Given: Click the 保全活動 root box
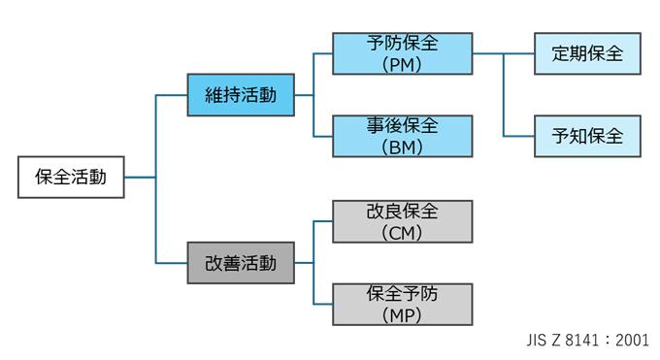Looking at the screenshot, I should (71, 178).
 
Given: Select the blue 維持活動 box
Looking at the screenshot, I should (241, 95).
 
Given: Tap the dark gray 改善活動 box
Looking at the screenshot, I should (241, 262).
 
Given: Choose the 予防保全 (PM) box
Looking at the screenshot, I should (402, 53).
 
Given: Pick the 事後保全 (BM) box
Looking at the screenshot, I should (402, 136).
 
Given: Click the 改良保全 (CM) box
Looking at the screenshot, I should (402, 221).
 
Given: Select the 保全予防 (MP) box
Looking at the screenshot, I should (402, 304).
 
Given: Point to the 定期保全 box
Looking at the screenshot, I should (587, 53).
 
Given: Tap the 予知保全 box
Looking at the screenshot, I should (587, 136).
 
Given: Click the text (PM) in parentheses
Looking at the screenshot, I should (402, 64).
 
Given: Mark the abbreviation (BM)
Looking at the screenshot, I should (402, 147).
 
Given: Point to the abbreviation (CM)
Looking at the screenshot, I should (402, 232).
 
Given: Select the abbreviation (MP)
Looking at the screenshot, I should (402, 315).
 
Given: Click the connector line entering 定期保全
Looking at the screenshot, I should (519, 53).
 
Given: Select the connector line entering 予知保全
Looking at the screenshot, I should (519, 136).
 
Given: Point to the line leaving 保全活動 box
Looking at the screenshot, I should (140, 178).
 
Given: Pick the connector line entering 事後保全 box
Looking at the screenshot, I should (322, 136).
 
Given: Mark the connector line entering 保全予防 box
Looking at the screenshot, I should (322, 304).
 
